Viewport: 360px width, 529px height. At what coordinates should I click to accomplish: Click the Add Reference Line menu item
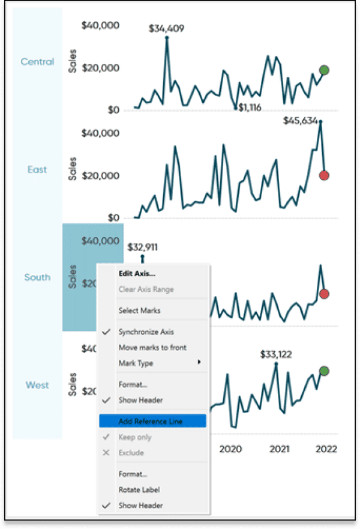(151, 422)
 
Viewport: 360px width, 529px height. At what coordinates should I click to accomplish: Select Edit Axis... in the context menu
(137, 274)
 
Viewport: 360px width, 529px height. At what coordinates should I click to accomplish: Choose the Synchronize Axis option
(146, 331)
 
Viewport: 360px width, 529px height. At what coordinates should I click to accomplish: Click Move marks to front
(152, 347)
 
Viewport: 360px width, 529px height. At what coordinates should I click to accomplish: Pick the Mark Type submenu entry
(136, 363)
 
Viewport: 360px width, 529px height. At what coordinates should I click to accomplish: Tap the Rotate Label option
(139, 489)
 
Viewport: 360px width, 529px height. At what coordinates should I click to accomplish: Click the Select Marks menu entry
(139, 310)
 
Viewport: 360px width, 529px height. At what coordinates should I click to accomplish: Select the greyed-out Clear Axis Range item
(146, 289)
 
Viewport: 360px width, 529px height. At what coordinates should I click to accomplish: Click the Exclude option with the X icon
(130, 453)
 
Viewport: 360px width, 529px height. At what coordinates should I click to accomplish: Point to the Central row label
(37, 62)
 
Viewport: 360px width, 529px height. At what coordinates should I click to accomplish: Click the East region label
(37, 170)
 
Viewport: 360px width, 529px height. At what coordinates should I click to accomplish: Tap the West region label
(37, 385)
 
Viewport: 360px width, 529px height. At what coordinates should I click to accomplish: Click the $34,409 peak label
(167, 28)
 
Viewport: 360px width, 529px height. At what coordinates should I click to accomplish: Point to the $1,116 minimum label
(250, 107)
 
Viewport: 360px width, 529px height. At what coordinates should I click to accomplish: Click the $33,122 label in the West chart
(276, 354)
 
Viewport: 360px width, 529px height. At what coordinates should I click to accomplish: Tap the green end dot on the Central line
(324, 70)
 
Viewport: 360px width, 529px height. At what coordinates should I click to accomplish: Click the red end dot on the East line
(324, 176)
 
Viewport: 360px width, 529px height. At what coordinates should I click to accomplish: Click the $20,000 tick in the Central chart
(101, 67)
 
